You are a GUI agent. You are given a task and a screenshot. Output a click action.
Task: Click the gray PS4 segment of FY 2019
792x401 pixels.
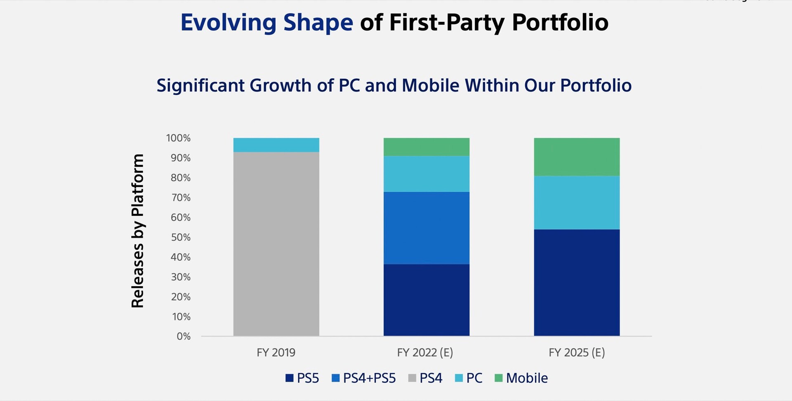pyautogui.click(x=276, y=243)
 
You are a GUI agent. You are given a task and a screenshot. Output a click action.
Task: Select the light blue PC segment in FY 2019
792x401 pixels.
pyautogui.click(x=276, y=145)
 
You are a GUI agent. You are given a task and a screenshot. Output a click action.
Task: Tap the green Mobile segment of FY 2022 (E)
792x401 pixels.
pyautogui.click(x=426, y=147)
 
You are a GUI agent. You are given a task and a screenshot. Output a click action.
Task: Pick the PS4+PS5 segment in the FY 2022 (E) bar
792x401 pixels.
pyautogui.click(x=426, y=228)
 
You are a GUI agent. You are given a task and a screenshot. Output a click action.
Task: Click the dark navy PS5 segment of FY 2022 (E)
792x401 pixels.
pyautogui.click(x=426, y=300)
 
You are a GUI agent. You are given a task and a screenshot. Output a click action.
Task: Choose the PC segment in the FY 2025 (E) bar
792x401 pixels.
pyautogui.click(x=577, y=203)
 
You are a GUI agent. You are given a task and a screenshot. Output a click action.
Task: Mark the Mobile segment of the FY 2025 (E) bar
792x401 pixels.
pyautogui.click(x=577, y=157)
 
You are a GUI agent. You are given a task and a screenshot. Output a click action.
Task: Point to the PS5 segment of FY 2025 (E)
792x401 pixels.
pyautogui.click(x=577, y=283)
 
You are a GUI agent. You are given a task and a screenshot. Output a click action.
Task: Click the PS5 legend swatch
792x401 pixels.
pyautogui.click(x=289, y=378)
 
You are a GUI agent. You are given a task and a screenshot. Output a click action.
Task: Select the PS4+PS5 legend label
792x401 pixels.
pyautogui.click(x=369, y=378)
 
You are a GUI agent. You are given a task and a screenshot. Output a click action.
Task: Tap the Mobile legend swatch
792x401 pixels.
pyautogui.click(x=498, y=378)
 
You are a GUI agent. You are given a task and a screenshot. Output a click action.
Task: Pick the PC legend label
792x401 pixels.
pyautogui.click(x=474, y=378)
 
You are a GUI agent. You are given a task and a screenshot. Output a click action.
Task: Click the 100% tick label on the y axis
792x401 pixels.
pyautogui.click(x=178, y=138)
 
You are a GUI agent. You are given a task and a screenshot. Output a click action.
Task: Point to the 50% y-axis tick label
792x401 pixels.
pyautogui.click(x=181, y=237)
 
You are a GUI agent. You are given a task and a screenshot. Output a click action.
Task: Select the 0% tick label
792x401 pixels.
pyautogui.click(x=184, y=336)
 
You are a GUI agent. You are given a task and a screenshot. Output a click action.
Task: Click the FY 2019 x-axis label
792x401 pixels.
pyautogui.click(x=276, y=352)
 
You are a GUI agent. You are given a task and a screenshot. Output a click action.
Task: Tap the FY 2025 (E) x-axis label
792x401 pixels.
pyautogui.click(x=577, y=352)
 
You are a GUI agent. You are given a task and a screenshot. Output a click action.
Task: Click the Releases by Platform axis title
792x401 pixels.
pyautogui.click(x=137, y=231)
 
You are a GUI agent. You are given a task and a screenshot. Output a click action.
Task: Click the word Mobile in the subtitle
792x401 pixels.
pyautogui.click(x=430, y=85)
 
